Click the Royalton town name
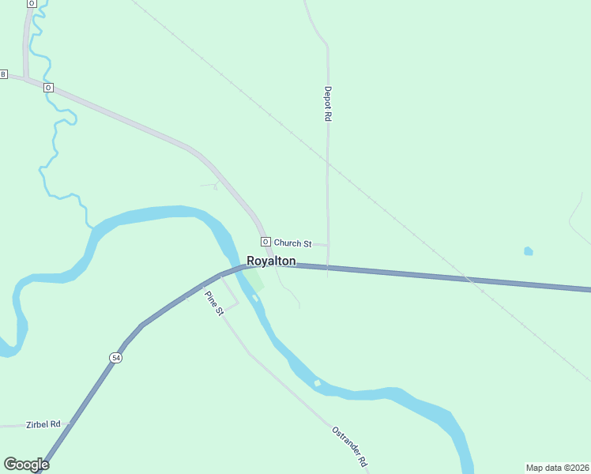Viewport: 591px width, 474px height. click(271, 261)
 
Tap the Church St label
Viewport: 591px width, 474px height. click(293, 243)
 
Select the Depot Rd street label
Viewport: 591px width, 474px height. click(327, 103)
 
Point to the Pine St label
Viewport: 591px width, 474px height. click(214, 303)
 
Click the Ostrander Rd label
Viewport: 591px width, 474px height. click(350, 446)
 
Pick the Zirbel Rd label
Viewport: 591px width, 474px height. click(43, 424)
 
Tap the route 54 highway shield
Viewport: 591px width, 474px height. click(116, 358)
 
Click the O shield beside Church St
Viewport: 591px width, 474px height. click(265, 242)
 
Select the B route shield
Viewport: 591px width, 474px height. click(3, 74)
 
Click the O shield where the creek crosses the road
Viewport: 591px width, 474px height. click(48, 87)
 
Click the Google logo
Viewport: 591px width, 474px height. click(26, 465)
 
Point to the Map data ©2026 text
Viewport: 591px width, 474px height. click(556, 467)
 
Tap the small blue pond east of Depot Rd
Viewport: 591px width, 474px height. click(528, 251)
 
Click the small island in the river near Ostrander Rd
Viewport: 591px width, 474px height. click(318, 383)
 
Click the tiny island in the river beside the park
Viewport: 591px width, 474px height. click(255, 298)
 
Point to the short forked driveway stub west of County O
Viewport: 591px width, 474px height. click(213, 186)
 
